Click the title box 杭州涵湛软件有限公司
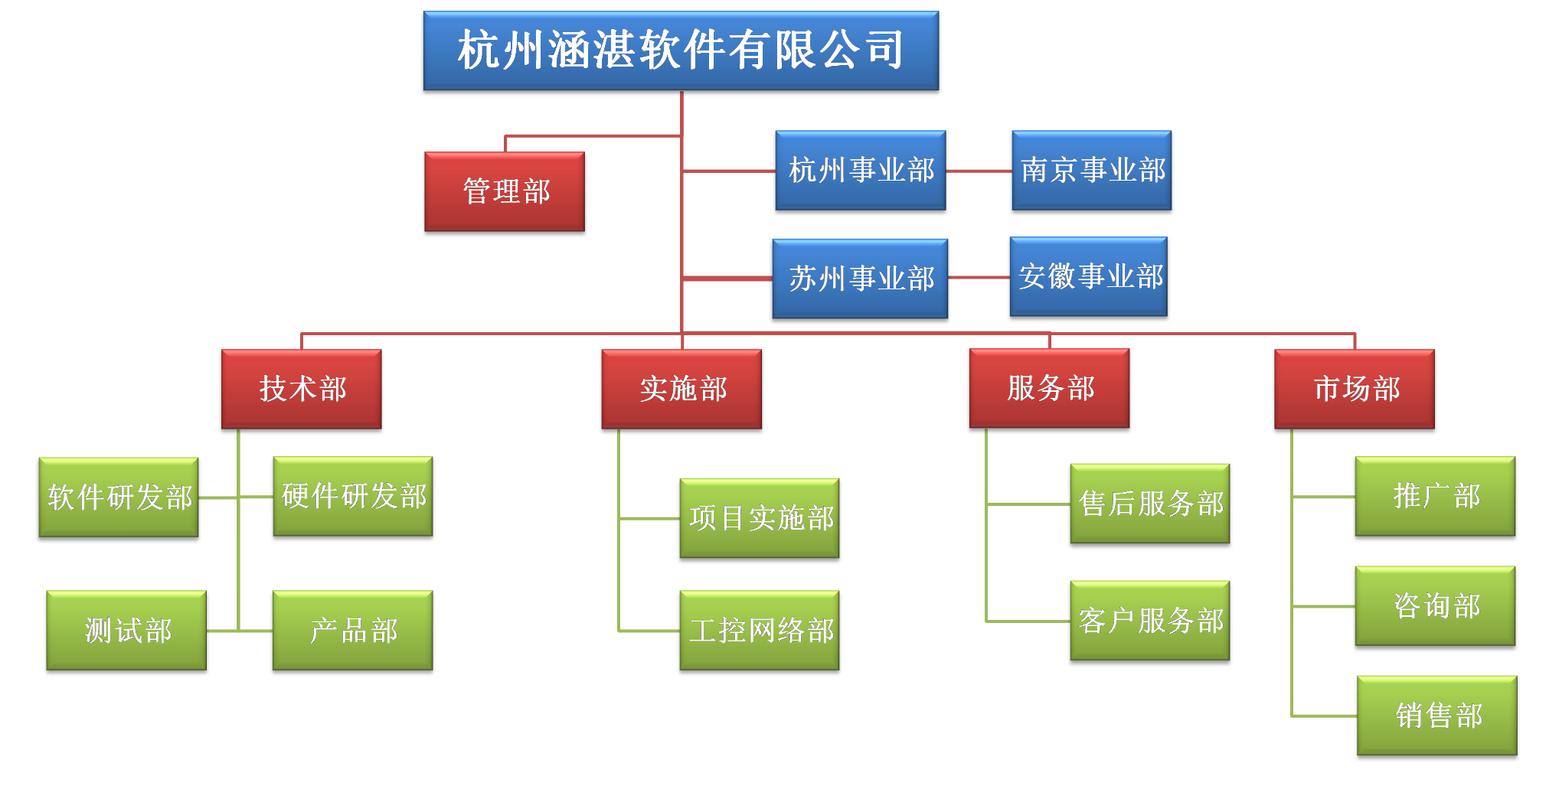pos(681,52)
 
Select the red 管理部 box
pos(505,193)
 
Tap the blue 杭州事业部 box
pos(861,171)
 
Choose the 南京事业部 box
pos(1092,171)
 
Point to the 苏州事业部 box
pos(861,280)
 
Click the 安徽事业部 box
pos(1090,278)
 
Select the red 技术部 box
pos(302,390)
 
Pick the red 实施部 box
pos(682,390)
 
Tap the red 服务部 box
pos(1050,390)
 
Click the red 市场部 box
pos(1355,390)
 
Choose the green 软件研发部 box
pos(119,499)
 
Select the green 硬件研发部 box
pos(354,497)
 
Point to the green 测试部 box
pos(127,632)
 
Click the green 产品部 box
pos(354,632)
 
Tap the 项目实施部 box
pos(760,520)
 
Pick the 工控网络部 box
pos(760,632)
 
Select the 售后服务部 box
pos(1150,505)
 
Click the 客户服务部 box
pos(1150,622)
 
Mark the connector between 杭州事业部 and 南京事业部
pos(979,171)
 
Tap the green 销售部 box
pos(1437,717)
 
